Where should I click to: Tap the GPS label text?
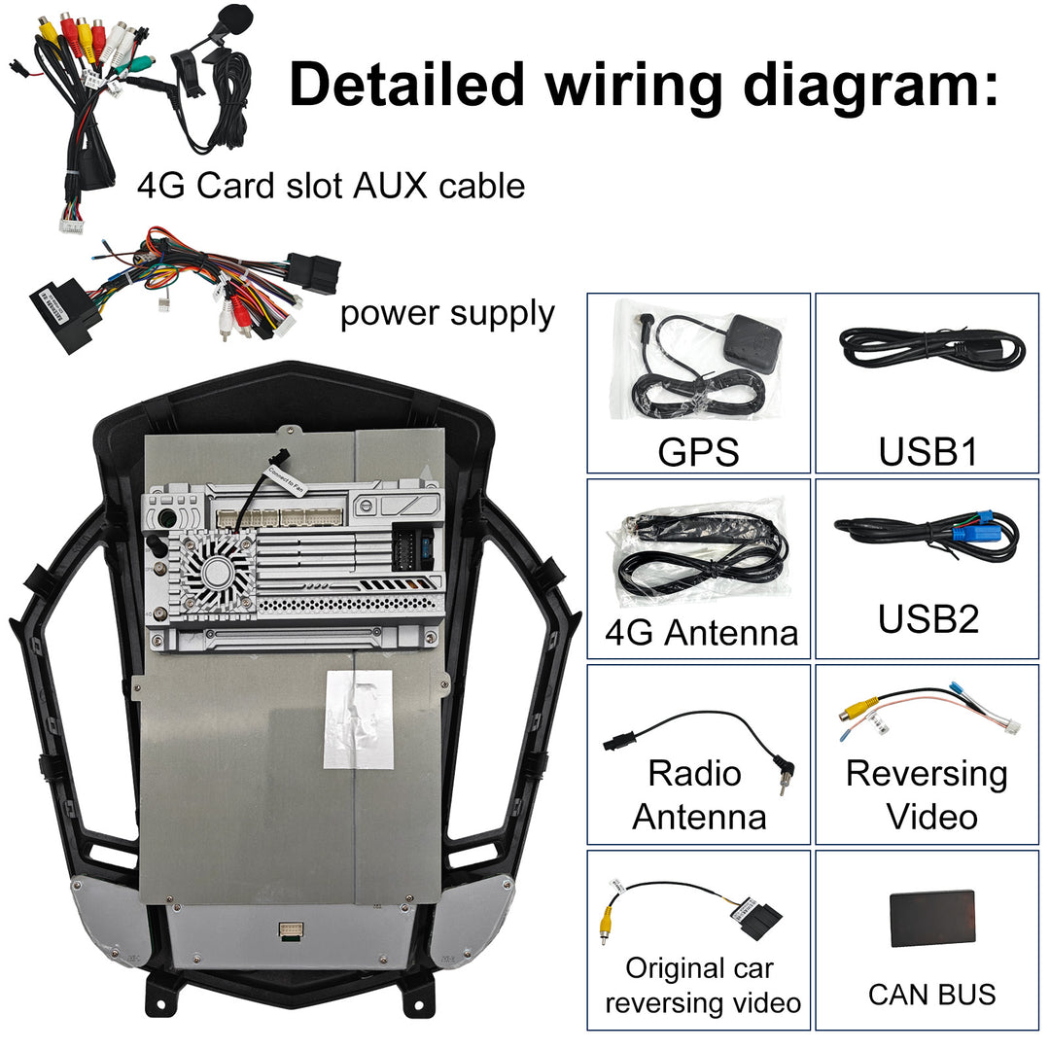(x=698, y=451)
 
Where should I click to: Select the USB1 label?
(x=927, y=451)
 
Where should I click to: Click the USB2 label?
(x=927, y=619)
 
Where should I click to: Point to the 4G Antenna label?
(x=701, y=633)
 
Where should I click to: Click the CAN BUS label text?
(x=931, y=995)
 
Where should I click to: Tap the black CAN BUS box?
(x=931, y=919)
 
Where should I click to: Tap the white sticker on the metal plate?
(x=358, y=718)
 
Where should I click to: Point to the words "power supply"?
(x=447, y=314)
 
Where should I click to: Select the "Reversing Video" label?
(x=927, y=794)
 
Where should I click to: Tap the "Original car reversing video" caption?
(x=701, y=985)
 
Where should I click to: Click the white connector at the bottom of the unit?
(x=290, y=930)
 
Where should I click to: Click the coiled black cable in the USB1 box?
(x=931, y=346)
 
